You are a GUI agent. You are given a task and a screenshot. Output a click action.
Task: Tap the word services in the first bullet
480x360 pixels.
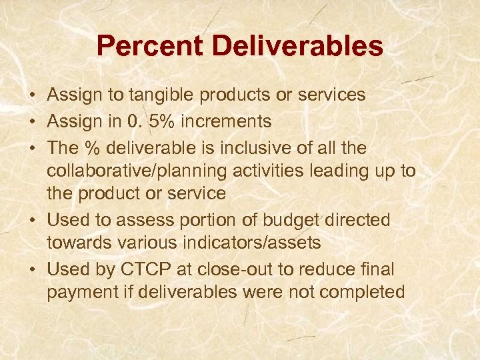(333, 95)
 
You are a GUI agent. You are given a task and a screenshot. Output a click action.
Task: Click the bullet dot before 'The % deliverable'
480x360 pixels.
(32, 146)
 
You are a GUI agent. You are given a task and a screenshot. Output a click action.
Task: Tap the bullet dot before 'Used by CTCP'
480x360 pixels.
(32, 269)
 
